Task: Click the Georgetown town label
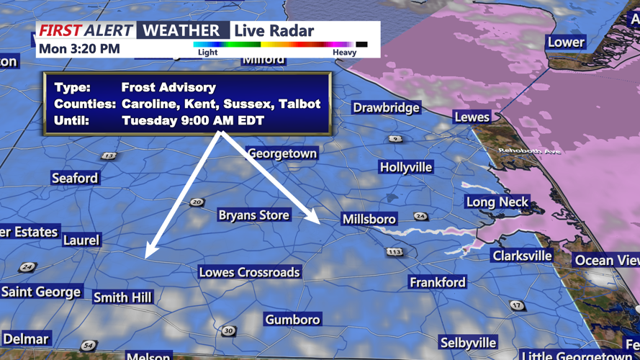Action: [x=281, y=153]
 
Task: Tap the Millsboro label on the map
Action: [x=369, y=219]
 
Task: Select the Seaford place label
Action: [x=75, y=178]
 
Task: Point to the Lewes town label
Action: [x=472, y=117]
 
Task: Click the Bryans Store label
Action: [x=253, y=215]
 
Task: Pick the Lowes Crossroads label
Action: [x=249, y=272]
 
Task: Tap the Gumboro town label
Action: [x=292, y=319]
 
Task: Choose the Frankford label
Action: [x=438, y=282]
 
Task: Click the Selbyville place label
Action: [x=469, y=342]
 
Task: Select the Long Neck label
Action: [x=497, y=202]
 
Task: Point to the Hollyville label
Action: [x=406, y=167]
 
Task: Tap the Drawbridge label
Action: [x=387, y=108]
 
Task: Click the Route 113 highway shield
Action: [x=394, y=252]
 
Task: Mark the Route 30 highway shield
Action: [x=228, y=330]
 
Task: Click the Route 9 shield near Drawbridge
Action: [x=395, y=138]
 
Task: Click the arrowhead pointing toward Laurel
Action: [x=149, y=252]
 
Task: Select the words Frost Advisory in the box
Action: [x=168, y=87]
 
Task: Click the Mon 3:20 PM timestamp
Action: [x=79, y=49]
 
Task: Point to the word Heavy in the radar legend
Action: [x=344, y=53]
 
